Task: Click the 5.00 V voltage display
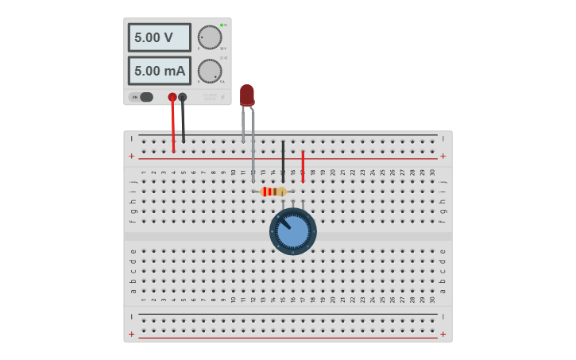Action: pyautogui.click(x=159, y=37)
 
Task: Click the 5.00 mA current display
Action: pyautogui.click(x=159, y=71)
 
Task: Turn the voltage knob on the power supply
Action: pyautogui.click(x=210, y=37)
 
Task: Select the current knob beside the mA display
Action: pyautogui.click(x=210, y=71)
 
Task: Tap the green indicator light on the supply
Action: pyautogui.click(x=222, y=25)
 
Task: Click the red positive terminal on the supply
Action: pyautogui.click(x=172, y=97)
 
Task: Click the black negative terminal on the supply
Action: pyautogui.click(x=183, y=97)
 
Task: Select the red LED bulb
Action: pyautogui.click(x=247, y=95)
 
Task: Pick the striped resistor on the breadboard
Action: pyautogui.click(x=273, y=192)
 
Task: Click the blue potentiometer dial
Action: pyautogui.click(x=293, y=231)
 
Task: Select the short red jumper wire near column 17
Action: pyautogui.click(x=303, y=166)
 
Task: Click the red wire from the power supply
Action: pyautogui.click(x=173, y=127)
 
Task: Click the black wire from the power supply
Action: pyautogui.click(x=183, y=123)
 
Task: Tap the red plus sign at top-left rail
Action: pyautogui.click(x=132, y=157)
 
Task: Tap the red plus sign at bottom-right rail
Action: pyautogui.click(x=443, y=335)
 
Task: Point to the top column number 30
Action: pyautogui.click(x=432, y=172)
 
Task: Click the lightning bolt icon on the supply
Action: pyautogui.click(x=222, y=97)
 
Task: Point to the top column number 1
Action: pyautogui.click(x=144, y=172)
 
